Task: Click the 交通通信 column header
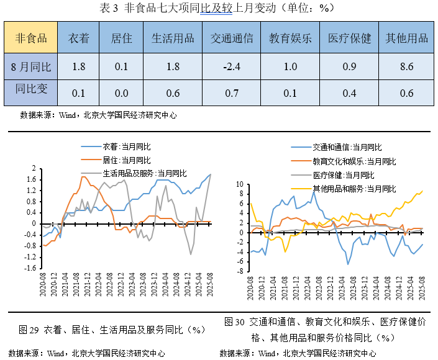[x=232, y=38]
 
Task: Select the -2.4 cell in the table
[x=232, y=66]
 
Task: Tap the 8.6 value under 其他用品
[x=407, y=66]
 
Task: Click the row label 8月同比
[x=31, y=66]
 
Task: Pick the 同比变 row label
[x=31, y=93]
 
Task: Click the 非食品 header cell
[x=31, y=38]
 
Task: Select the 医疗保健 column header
[x=349, y=38]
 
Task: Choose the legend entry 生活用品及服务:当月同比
[x=144, y=173]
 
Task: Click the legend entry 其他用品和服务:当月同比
[x=354, y=188]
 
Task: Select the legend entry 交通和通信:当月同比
[x=347, y=147]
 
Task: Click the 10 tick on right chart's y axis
[x=239, y=184]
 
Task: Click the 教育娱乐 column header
[x=290, y=38]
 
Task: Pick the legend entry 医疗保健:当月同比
[x=343, y=174]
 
